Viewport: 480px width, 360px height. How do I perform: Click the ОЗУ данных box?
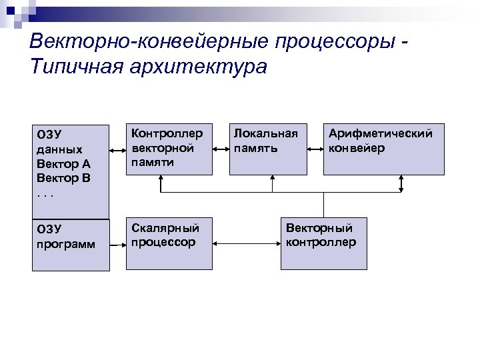coord(70,171)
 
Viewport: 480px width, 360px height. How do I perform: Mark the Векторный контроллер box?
coord(323,243)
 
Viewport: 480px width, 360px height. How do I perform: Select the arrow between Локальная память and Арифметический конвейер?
coord(315,149)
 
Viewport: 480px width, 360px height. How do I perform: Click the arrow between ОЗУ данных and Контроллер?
coord(117,149)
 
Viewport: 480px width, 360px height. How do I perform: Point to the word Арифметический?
coord(380,134)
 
